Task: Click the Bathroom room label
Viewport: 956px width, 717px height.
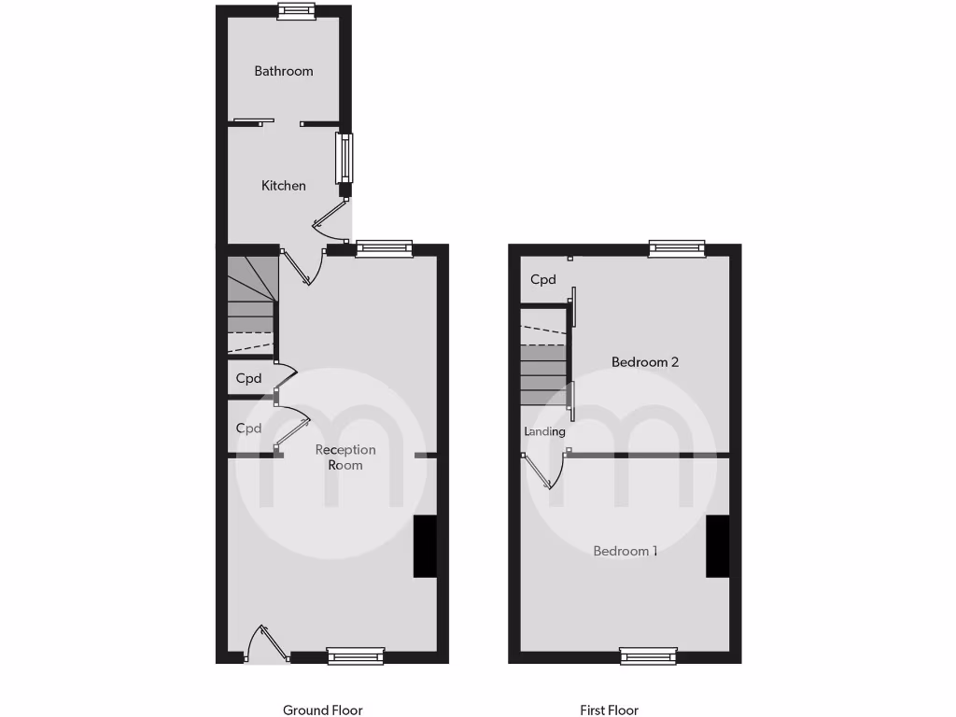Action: [x=284, y=71]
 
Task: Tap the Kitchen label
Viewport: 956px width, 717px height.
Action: [x=283, y=186]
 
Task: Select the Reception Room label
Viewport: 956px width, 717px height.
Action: [x=345, y=457]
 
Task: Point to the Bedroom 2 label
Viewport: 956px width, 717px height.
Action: [x=644, y=361]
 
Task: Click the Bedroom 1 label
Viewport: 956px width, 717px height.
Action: [x=626, y=551]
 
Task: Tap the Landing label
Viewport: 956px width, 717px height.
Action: [x=544, y=431]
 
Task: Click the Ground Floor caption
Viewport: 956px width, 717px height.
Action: [x=322, y=710]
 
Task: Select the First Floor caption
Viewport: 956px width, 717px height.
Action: [x=609, y=710]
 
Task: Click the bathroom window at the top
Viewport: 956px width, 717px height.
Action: [x=296, y=11]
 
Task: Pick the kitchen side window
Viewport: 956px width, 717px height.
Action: [x=345, y=157]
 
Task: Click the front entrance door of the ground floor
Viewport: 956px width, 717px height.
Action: [x=265, y=645]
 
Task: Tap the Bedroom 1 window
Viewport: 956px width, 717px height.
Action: [x=649, y=656]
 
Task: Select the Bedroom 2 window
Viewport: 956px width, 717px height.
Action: [x=677, y=248]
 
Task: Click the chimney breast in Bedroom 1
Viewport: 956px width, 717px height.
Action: [x=717, y=546]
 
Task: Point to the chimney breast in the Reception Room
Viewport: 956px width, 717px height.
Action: [x=425, y=546]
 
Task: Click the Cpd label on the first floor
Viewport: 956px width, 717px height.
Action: [x=543, y=279]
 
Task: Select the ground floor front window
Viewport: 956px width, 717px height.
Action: [x=356, y=656]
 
